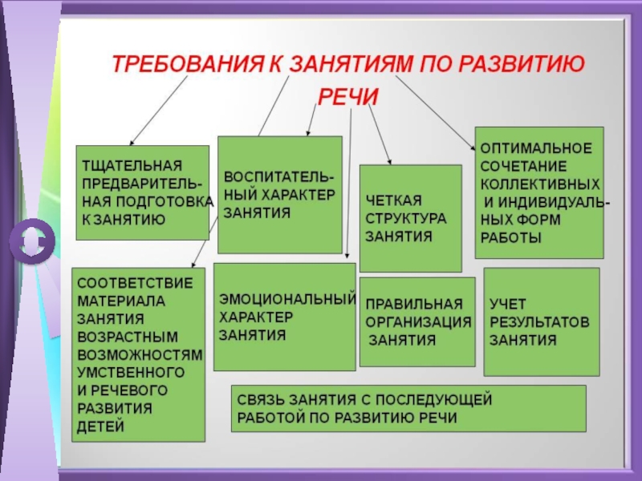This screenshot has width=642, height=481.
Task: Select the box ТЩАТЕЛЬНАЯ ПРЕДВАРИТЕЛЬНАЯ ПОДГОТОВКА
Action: (142, 192)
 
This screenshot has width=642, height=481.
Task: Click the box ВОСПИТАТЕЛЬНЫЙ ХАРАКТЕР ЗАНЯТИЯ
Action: (279, 195)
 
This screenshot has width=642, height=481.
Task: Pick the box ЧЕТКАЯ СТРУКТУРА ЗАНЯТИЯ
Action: (410, 218)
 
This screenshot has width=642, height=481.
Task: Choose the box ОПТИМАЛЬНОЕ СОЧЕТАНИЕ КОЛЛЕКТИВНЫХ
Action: (538, 192)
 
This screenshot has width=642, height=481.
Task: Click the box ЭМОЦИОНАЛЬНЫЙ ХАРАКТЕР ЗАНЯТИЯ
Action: (284, 317)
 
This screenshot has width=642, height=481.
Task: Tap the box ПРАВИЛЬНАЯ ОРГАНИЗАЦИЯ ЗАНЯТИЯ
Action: (417, 321)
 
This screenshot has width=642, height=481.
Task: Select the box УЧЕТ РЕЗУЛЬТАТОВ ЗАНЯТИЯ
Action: (541, 321)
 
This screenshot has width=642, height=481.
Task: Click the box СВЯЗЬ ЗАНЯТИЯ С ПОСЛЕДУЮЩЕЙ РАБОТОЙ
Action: (408, 408)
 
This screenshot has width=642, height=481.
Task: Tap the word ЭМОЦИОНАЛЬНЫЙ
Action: (287, 299)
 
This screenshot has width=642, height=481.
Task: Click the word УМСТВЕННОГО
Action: (130, 372)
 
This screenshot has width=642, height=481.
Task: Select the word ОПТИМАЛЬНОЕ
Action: (536, 148)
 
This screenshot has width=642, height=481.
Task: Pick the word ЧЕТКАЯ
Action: (393, 200)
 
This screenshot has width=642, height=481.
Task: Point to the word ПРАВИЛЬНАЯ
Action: (414, 305)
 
